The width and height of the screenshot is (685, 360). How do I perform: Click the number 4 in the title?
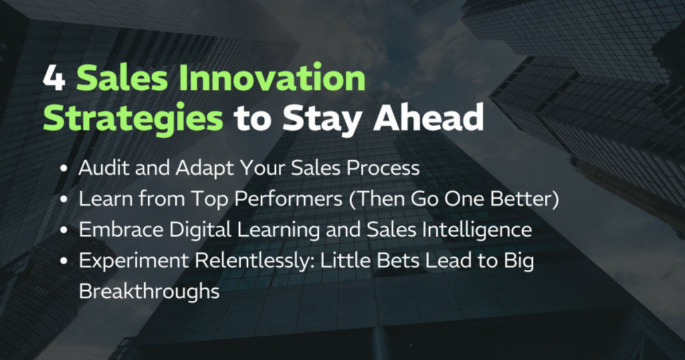tap(54, 79)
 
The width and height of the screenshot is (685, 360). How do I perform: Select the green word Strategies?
tap(133, 118)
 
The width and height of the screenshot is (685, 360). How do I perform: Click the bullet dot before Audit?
tap(64, 169)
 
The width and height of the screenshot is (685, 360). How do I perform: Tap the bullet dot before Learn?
tap(64, 199)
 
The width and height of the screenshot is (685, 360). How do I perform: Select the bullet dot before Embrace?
tap(64, 230)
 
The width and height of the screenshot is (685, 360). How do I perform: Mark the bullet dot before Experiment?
tap(64, 261)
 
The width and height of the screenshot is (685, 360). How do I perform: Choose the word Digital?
tap(200, 230)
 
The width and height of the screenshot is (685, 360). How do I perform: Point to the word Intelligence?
tap(476, 230)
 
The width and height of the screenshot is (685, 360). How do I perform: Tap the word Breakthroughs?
tap(149, 291)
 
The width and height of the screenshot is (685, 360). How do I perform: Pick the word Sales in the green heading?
tap(122, 79)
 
